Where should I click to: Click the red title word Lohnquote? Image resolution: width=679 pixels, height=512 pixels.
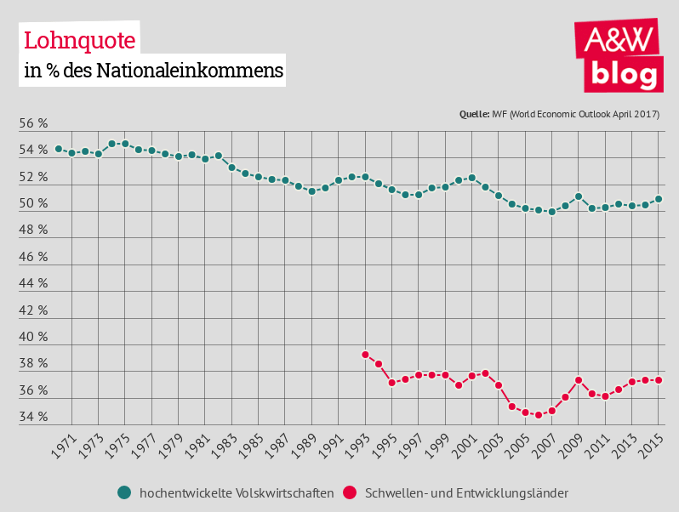(x=79, y=40)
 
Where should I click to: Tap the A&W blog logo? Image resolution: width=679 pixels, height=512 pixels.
(x=620, y=55)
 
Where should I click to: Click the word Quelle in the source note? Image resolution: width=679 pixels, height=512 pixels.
(x=474, y=114)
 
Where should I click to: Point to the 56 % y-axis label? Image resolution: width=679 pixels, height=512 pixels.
(x=33, y=124)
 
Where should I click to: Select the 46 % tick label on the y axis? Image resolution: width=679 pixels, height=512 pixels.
(x=33, y=257)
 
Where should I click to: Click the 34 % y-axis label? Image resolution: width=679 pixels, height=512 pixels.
(x=33, y=417)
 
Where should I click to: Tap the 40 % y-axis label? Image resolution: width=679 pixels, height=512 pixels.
(x=33, y=337)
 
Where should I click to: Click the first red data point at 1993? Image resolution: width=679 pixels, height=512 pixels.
(x=365, y=355)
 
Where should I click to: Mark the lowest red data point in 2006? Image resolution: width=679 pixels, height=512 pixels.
(x=539, y=415)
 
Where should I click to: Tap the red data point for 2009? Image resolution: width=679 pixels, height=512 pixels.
(x=579, y=380)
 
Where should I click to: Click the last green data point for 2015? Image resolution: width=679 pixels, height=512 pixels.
(x=659, y=199)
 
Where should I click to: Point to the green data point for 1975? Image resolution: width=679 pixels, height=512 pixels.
(x=125, y=144)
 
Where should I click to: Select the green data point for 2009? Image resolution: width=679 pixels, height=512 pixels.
(x=579, y=196)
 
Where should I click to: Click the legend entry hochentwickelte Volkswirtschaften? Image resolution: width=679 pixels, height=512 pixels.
(x=236, y=492)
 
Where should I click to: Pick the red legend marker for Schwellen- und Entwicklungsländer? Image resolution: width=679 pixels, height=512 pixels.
(x=349, y=492)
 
